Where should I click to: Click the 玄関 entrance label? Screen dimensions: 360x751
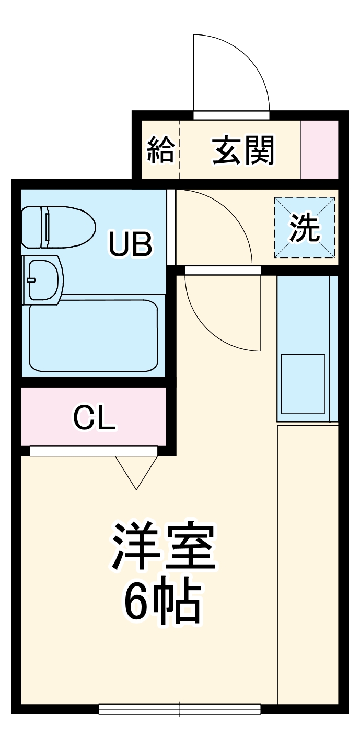pos(243,150)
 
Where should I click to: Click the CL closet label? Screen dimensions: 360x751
pos(94,417)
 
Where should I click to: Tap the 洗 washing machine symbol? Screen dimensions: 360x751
pos(305,228)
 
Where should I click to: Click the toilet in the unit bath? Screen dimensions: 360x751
pos(59,227)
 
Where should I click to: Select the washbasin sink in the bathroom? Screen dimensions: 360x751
pos(43,280)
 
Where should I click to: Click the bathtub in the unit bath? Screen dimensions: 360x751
pos(94,336)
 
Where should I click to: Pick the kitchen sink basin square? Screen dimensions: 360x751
pos(303,384)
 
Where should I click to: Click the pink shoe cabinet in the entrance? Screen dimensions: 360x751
pos(319,149)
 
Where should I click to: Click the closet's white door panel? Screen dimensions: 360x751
pos(94,451)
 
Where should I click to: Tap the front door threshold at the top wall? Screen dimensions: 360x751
pos(231,115)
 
